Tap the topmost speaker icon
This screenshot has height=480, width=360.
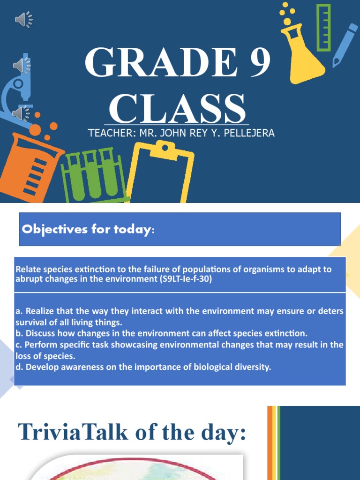click(x=23, y=19)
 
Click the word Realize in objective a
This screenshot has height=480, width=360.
click(x=39, y=311)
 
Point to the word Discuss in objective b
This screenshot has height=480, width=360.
click(x=40, y=333)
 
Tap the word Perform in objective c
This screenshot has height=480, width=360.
click(x=40, y=345)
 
